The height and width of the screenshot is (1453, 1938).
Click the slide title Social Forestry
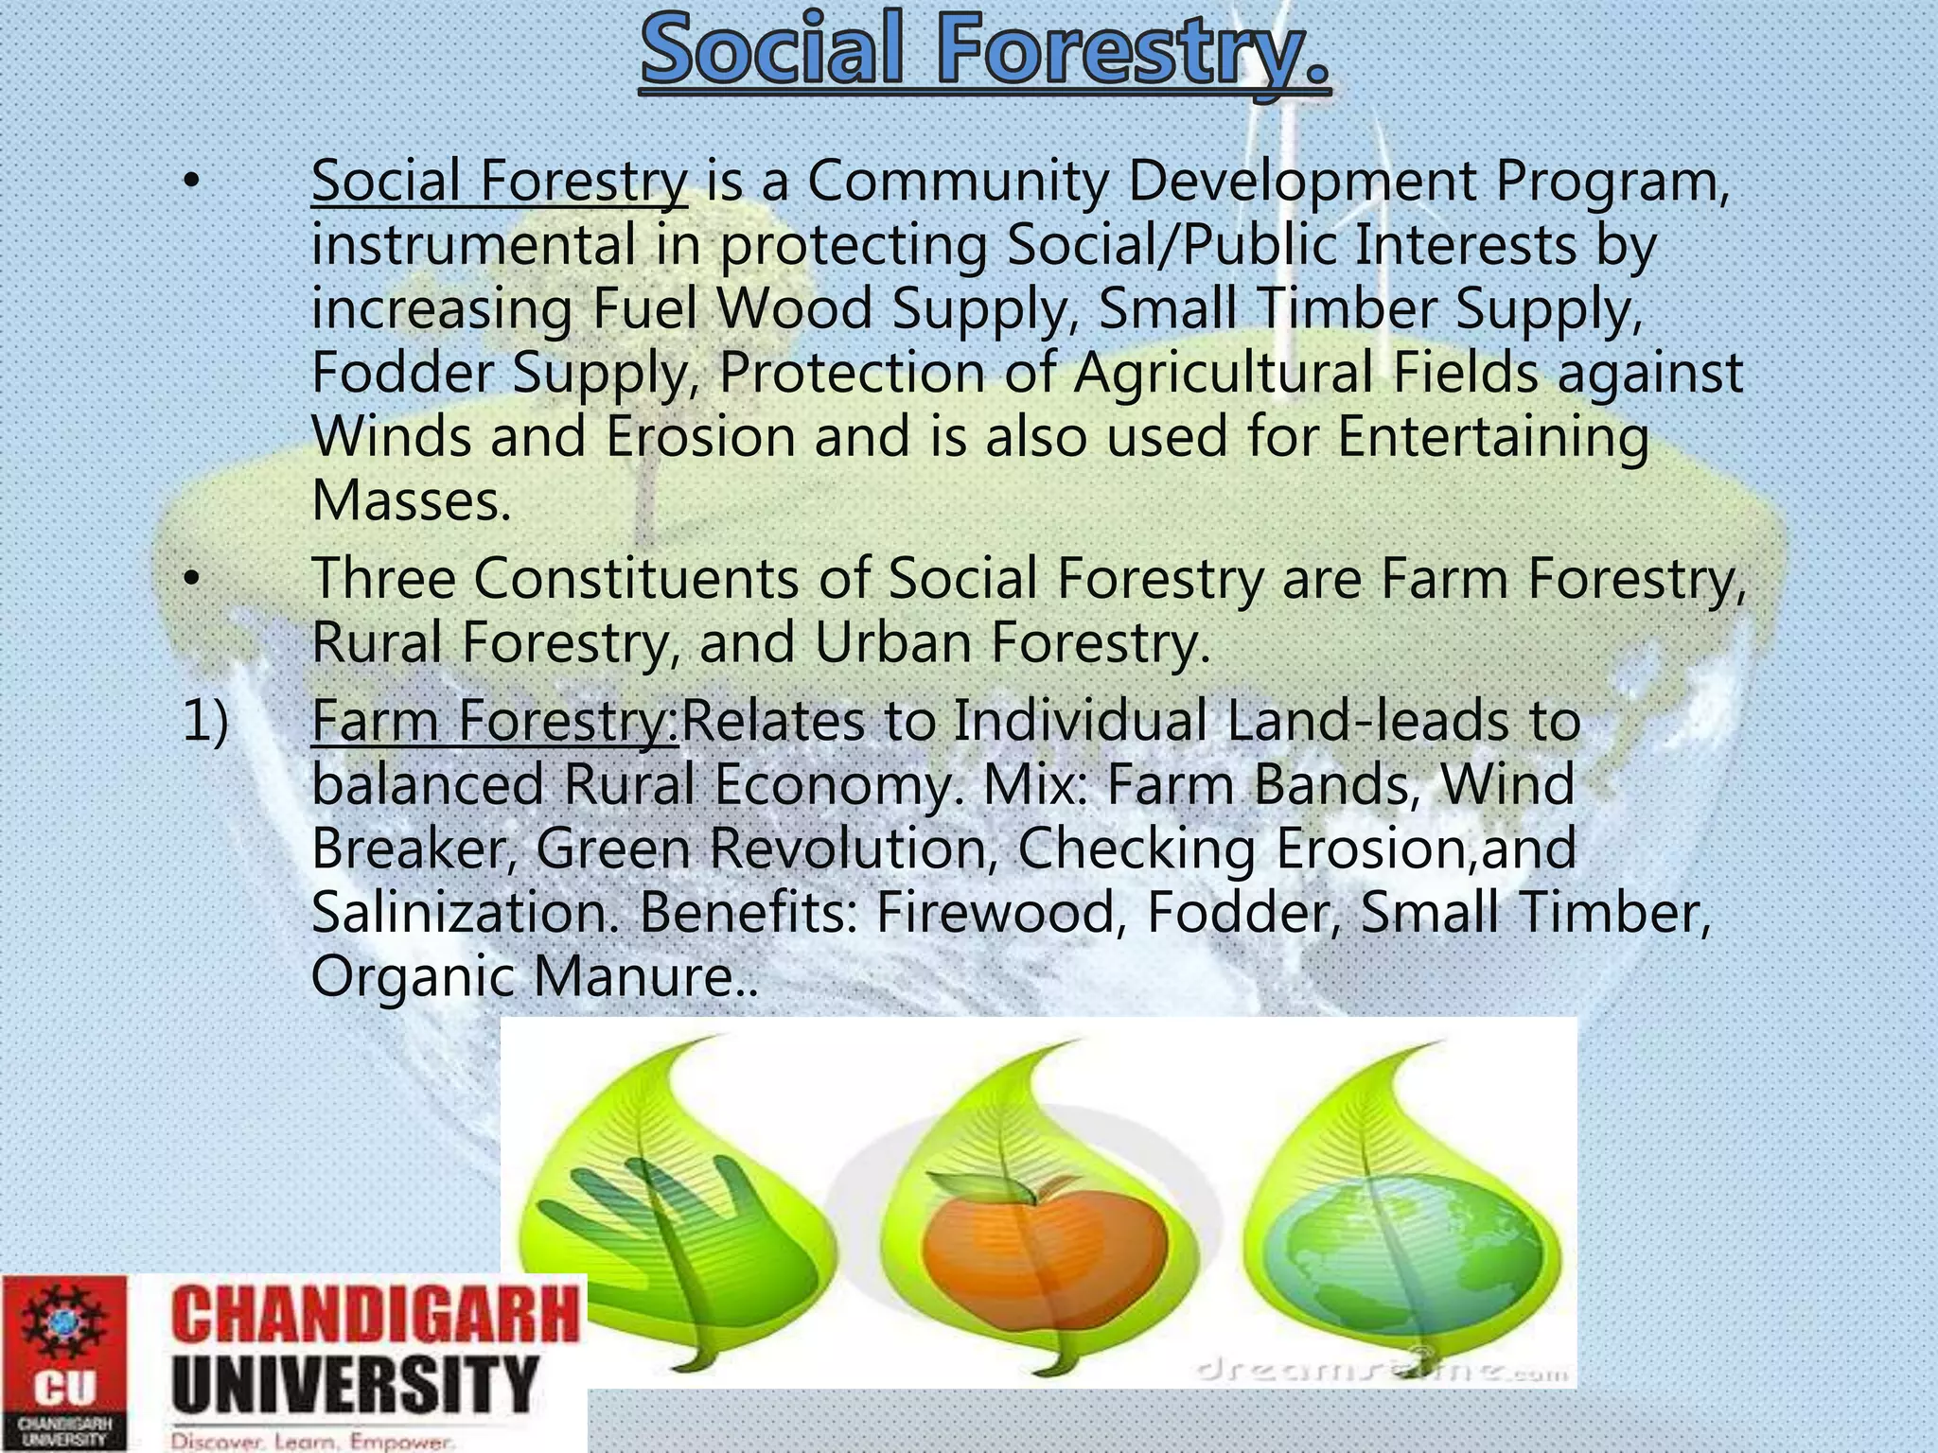984,53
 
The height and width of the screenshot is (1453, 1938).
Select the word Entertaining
1492,437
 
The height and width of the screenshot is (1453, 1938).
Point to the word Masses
411,501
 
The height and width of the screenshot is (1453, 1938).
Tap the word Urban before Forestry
892,642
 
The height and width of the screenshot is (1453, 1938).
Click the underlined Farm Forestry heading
494,720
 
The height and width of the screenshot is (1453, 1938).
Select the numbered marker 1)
204,721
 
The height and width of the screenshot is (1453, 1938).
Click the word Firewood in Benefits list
995,913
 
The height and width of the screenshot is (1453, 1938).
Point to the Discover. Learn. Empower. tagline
313,1442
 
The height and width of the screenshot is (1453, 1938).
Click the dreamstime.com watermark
1382,1370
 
